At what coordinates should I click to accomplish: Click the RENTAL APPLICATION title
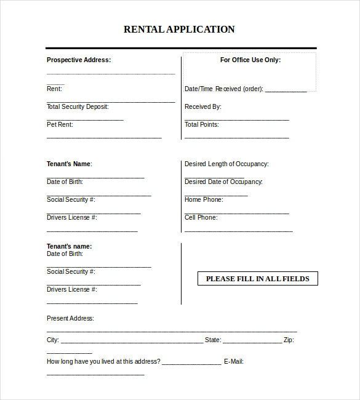pyautogui.click(x=179, y=30)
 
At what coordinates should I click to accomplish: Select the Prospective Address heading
pyautogui.click(x=79, y=60)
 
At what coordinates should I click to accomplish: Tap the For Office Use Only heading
pyautogui.click(x=250, y=60)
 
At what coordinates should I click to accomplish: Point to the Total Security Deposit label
pyautogui.click(x=78, y=107)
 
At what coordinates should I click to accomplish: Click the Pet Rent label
pyautogui.click(x=60, y=125)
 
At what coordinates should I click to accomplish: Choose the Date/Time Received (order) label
pyautogui.click(x=223, y=89)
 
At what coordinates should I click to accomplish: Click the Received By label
pyautogui.click(x=202, y=107)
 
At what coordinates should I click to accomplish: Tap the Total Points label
pyautogui.click(x=201, y=125)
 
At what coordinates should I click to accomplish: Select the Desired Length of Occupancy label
pyautogui.click(x=226, y=164)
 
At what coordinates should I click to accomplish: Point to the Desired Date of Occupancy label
pyautogui.click(x=223, y=182)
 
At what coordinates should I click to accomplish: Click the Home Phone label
pyautogui.click(x=204, y=200)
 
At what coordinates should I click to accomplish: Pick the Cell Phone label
pyautogui.click(x=201, y=218)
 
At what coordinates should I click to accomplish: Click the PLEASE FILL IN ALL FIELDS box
pyautogui.click(x=257, y=279)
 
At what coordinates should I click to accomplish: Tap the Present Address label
pyautogui.click(x=70, y=319)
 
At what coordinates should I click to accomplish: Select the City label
pyautogui.click(x=53, y=340)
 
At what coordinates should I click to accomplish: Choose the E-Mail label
pyautogui.click(x=233, y=362)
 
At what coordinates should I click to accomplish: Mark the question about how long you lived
pyautogui.click(x=103, y=362)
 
